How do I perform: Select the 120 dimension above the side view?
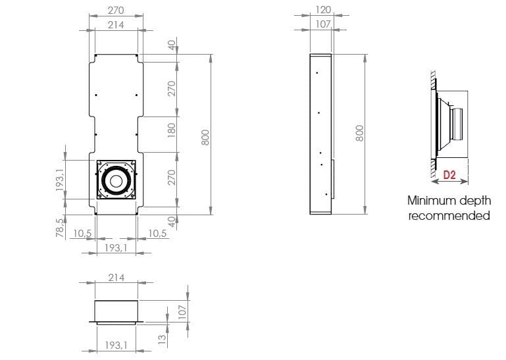click(x=323, y=10)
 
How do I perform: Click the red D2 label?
click(x=449, y=175)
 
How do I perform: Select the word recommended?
click(x=449, y=215)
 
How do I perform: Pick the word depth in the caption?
click(x=474, y=201)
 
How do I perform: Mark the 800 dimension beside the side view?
click(x=360, y=133)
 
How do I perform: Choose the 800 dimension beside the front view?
click(x=205, y=138)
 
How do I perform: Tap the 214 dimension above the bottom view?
click(x=116, y=278)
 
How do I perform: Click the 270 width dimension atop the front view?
click(x=115, y=11)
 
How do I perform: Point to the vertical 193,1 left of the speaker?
click(x=59, y=180)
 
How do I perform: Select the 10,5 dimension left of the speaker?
click(x=82, y=233)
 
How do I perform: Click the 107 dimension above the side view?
click(x=323, y=24)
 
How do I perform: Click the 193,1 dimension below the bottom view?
click(x=115, y=344)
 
